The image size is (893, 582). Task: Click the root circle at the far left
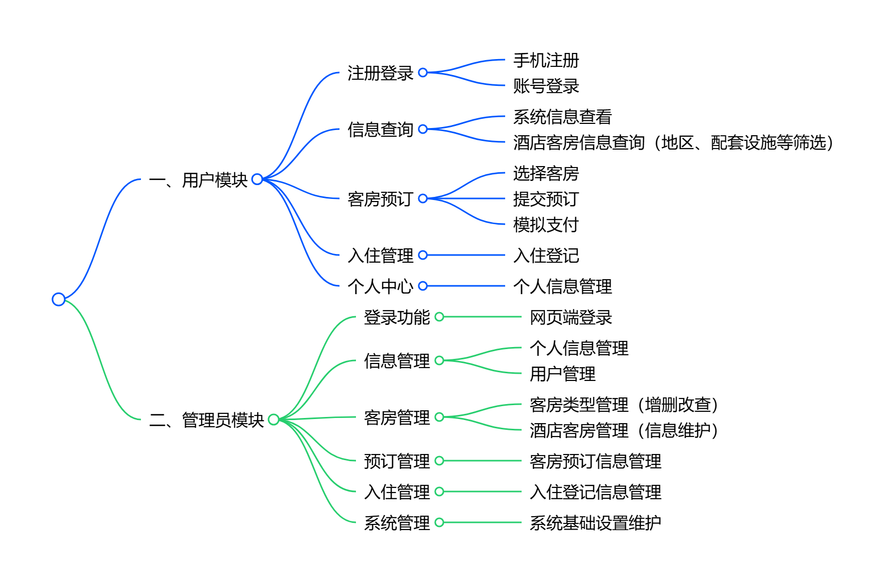pyautogui.click(x=59, y=299)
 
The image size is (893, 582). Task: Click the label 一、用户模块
pyautogui.click(x=198, y=180)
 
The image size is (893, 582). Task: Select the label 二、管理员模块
pyautogui.click(x=206, y=420)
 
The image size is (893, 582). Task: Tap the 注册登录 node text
pyautogui.click(x=380, y=73)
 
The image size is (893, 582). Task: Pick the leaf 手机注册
pyautogui.click(x=546, y=60)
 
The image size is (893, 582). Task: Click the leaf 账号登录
pyautogui.click(x=546, y=86)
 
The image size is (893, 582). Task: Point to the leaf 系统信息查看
pyautogui.click(x=562, y=117)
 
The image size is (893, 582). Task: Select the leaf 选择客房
pyautogui.click(x=546, y=173)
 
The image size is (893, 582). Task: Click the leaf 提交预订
pyautogui.click(x=546, y=199)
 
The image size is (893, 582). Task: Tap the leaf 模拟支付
pyautogui.click(x=546, y=225)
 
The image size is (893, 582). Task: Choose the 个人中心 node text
pyautogui.click(x=380, y=286)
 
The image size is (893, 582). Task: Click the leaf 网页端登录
pyautogui.click(x=570, y=317)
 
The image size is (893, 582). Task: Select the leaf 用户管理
pyautogui.click(x=562, y=374)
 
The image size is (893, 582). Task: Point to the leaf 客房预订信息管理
pyautogui.click(x=595, y=461)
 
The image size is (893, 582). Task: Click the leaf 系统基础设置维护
pyautogui.click(x=595, y=523)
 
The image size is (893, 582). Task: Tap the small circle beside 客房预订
pyautogui.click(x=423, y=198)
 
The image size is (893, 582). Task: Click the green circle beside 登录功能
pyautogui.click(x=439, y=317)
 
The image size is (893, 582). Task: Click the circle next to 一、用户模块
pyautogui.click(x=257, y=179)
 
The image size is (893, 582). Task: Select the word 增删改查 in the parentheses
pyautogui.click(x=678, y=405)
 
